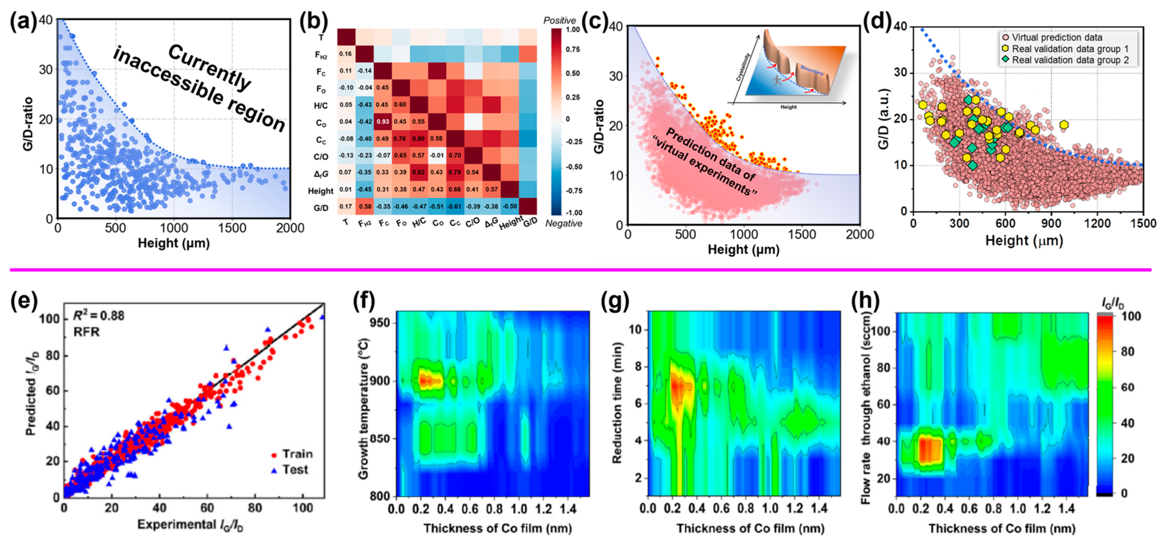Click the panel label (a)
tap(23, 22)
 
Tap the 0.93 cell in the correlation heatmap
tap(383, 122)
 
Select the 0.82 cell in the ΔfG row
tap(418, 172)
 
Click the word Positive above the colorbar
tap(559, 20)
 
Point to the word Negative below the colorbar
tap(563, 223)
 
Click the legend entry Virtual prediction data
tap(1057, 38)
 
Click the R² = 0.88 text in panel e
tap(99, 316)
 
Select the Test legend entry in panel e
tap(295, 470)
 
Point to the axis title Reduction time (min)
tap(617, 403)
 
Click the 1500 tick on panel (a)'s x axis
tap(232, 228)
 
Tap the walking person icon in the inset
tap(777, 80)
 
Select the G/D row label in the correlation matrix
tap(321, 208)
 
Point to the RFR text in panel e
tap(86, 333)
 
